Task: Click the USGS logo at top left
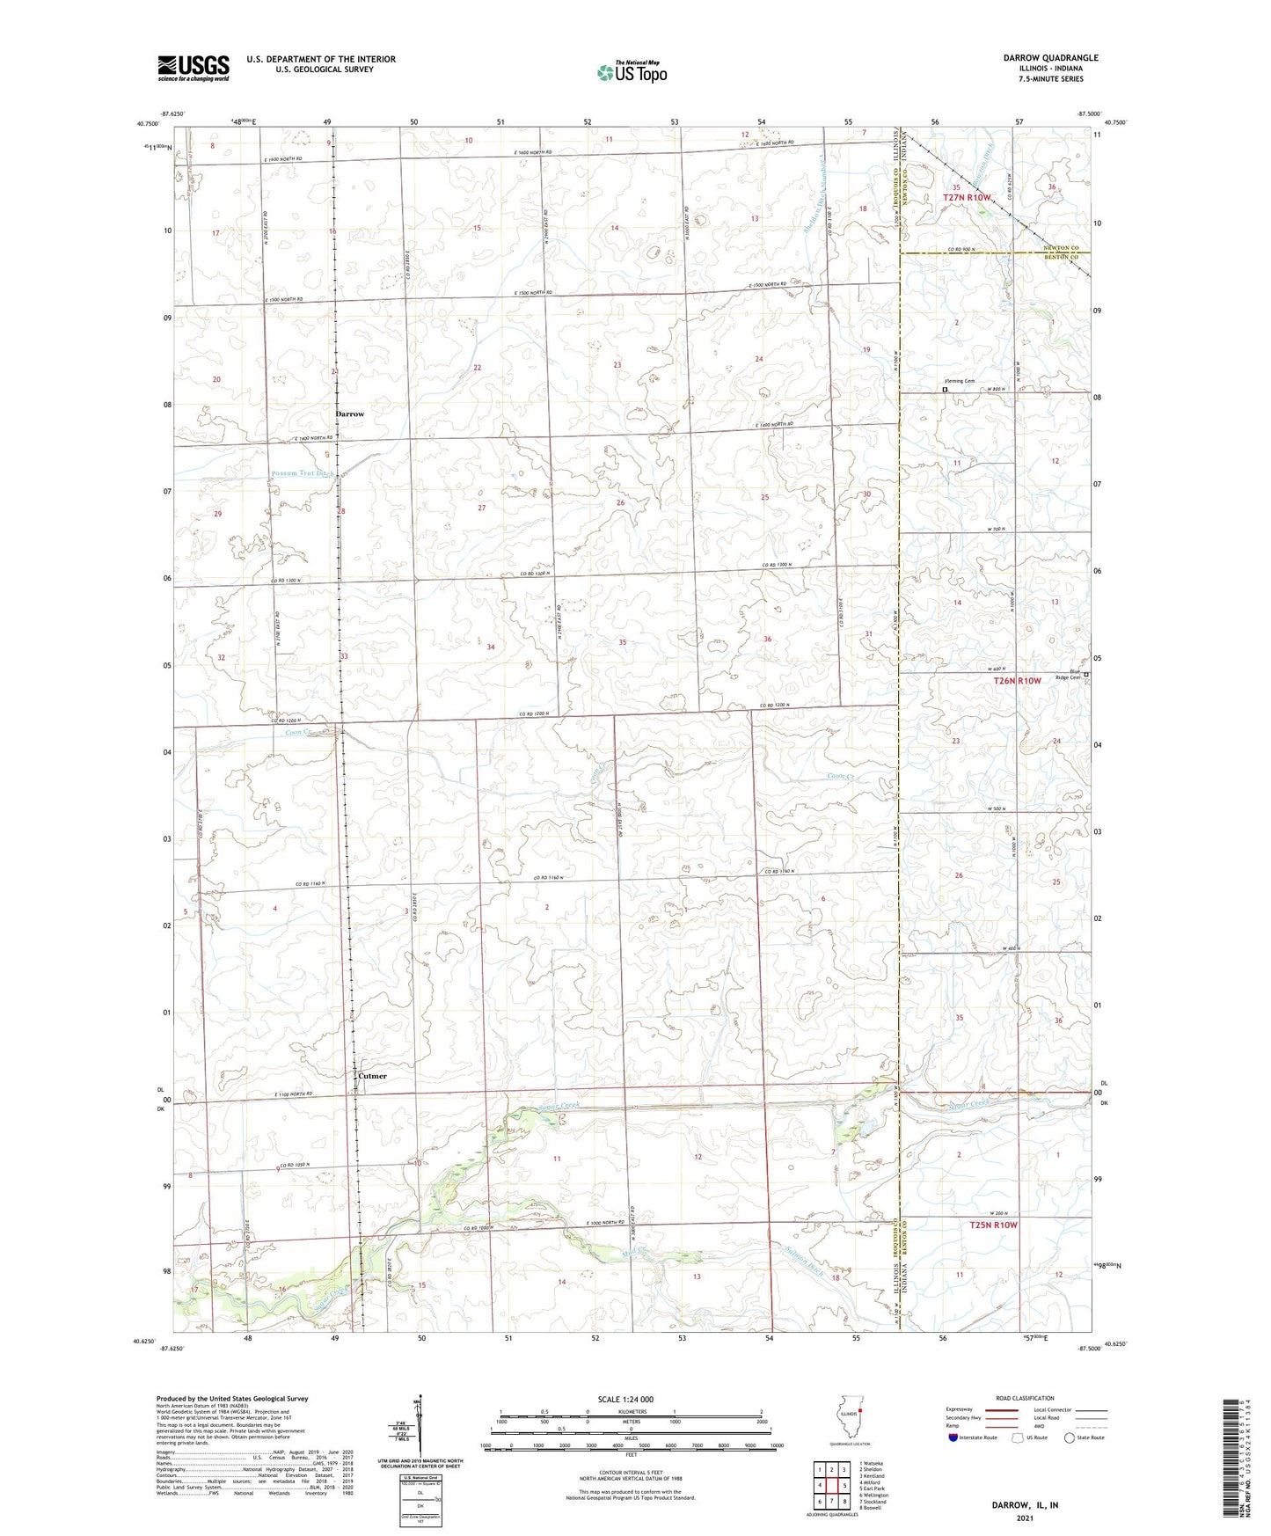[x=193, y=67]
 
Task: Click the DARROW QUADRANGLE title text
[x=1050, y=58]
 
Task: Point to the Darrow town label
[x=349, y=413]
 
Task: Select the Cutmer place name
[x=371, y=1076]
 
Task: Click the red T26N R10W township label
[x=1017, y=680]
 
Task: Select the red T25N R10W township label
[x=993, y=1225]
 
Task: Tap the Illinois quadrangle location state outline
[x=848, y=1437]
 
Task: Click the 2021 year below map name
[x=1023, y=1518]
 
